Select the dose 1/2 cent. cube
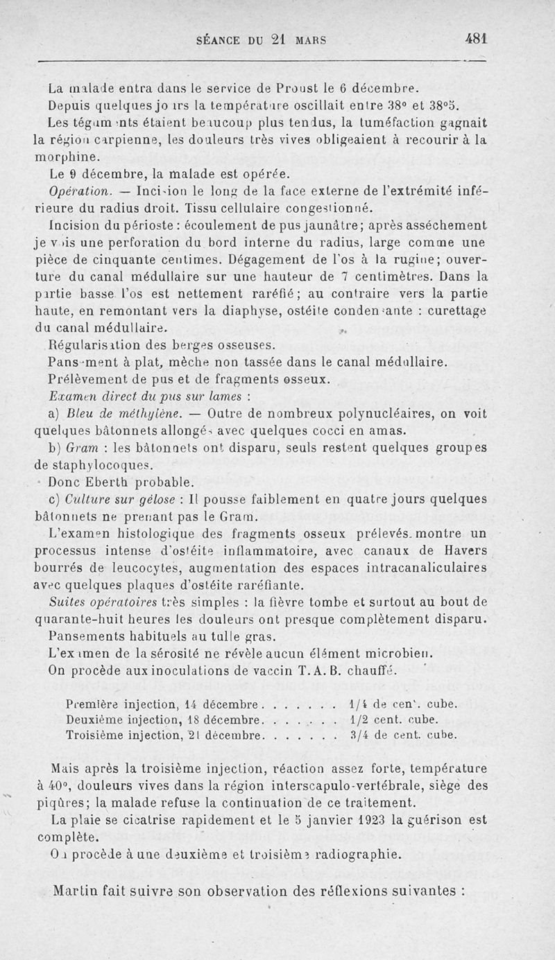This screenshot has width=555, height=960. (x=402, y=719)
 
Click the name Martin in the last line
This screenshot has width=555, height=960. (x=77, y=891)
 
